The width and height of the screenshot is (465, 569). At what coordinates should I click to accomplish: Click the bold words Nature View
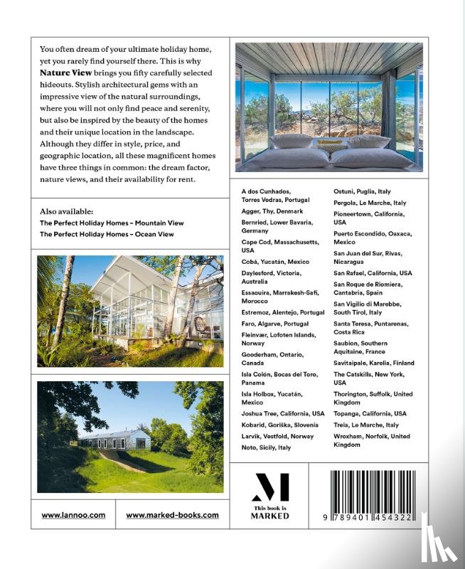(63, 73)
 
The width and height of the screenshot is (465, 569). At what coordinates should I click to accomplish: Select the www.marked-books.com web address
(172, 514)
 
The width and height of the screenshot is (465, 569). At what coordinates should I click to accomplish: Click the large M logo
(270, 489)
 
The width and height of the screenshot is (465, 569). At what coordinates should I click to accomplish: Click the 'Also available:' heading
(66, 211)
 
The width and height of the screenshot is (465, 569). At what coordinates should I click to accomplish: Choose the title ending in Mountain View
(107, 223)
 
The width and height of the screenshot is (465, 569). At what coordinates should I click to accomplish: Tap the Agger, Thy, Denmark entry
(272, 211)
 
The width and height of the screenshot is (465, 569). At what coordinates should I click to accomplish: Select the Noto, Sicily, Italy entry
(267, 447)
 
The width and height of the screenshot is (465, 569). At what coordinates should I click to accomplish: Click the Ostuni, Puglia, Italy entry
(363, 191)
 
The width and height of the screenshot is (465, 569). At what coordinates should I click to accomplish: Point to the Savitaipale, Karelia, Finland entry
(374, 363)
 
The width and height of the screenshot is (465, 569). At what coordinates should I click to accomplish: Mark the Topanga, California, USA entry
(370, 413)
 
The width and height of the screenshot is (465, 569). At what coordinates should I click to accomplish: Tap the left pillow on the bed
(292, 142)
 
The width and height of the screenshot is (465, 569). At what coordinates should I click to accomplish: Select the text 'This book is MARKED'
(270, 512)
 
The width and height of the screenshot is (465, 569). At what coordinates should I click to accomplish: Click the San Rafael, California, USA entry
(373, 272)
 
